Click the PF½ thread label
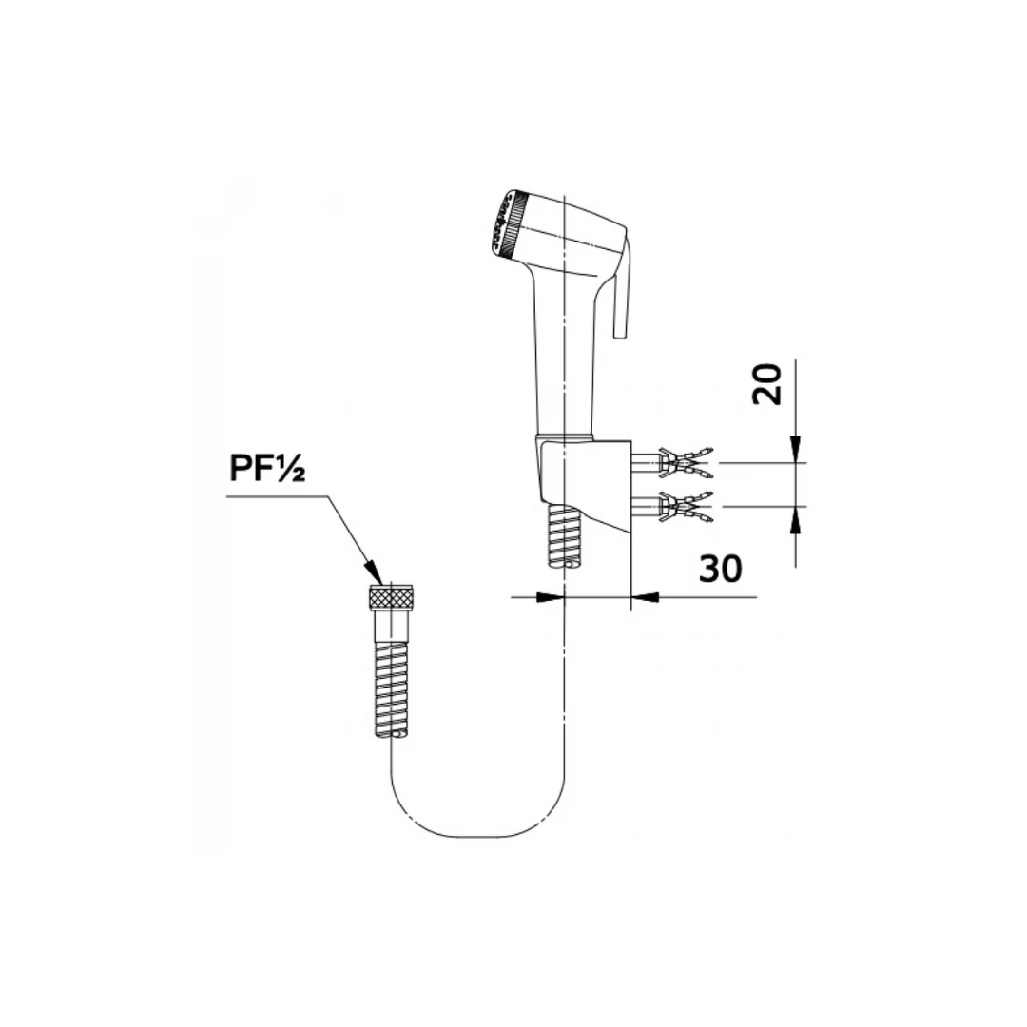267,468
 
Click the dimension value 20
767,384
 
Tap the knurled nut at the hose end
390,596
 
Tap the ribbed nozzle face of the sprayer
505,224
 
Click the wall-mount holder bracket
583,478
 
